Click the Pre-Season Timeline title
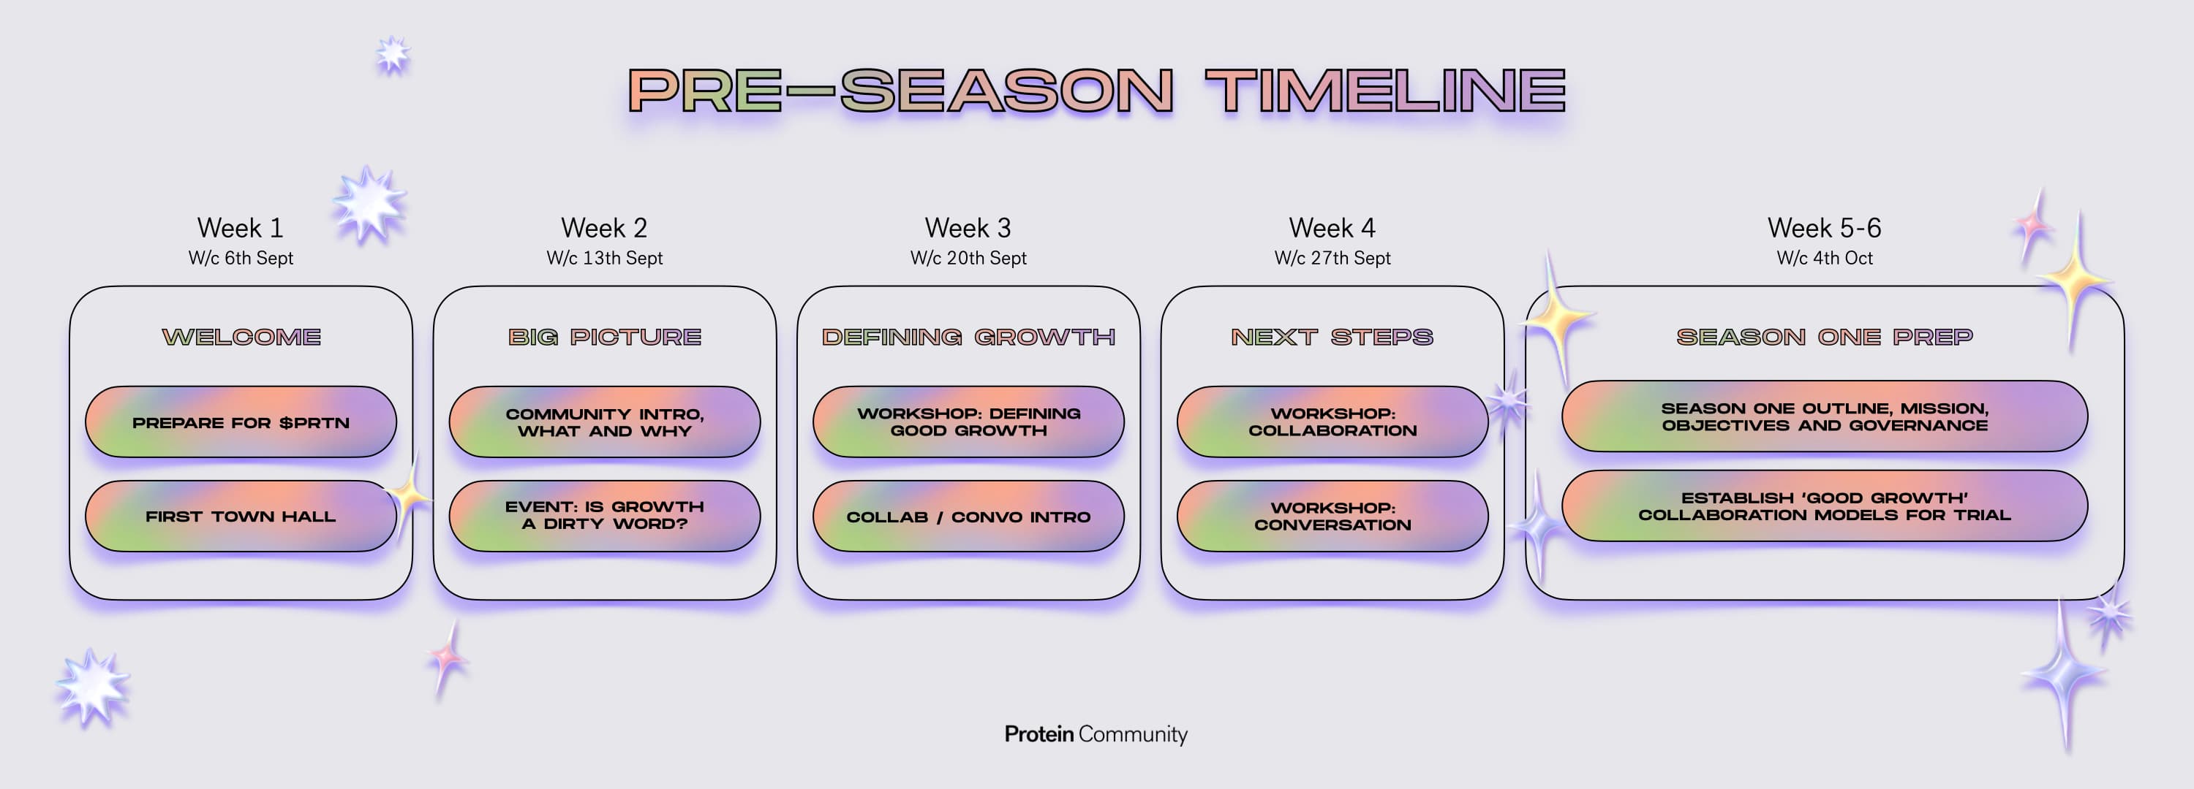tap(1097, 90)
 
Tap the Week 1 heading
tap(240, 228)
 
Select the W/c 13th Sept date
tap(605, 258)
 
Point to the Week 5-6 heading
tap(1825, 228)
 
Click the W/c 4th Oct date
tap(1825, 258)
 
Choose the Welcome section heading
tap(241, 337)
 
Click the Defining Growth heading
tap(968, 337)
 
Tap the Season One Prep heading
tap(1825, 337)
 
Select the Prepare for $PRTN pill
tap(241, 422)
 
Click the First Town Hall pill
tap(241, 516)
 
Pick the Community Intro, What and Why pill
tap(605, 422)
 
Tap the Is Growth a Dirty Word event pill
tap(605, 516)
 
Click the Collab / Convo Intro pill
tap(968, 516)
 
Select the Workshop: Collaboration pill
tap(1333, 422)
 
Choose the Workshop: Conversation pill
tap(1333, 516)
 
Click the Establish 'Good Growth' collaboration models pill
tap(1825, 506)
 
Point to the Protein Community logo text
tap(1096, 733)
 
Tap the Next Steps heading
tap(1333, 337)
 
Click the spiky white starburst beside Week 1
tap(369, 205)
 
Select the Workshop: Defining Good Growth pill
tap(968, 422)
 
